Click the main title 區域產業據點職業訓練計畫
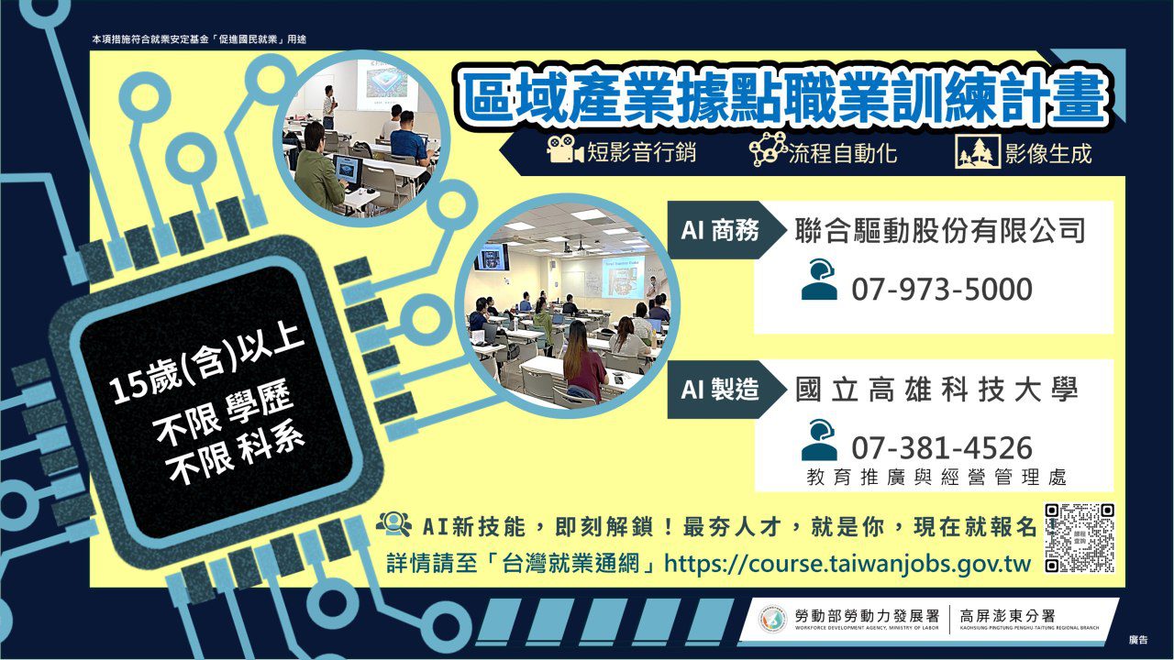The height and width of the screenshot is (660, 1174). tap(783, 100)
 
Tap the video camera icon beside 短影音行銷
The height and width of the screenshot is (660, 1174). tap(565, 151)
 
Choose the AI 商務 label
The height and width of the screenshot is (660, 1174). tap(719, 230)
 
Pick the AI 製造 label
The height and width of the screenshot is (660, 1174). tap(719, 390)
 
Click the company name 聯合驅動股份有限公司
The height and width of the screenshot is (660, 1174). tap(940, 230)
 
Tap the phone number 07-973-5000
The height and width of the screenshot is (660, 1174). tap(942, 290)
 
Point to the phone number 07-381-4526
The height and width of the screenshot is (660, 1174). tap(942, 448)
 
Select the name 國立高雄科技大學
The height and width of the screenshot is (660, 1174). tap(936, 390)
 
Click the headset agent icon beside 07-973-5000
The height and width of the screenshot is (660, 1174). tap(819, 280)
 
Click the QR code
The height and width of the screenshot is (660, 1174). tap(1080, 538)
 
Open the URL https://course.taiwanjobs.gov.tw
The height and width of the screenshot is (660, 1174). tap(847, 563)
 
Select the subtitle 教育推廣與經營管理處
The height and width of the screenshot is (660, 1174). tap(936, 478)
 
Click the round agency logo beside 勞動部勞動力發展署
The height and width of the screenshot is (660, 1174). tap(772, 620)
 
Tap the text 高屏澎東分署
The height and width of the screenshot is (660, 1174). tap(1012, 615)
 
